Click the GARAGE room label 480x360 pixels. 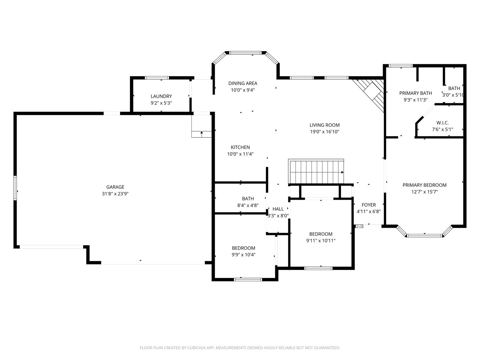[115, 187]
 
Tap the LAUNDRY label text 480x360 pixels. [161, 96]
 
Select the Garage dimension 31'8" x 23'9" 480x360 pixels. [115, 194]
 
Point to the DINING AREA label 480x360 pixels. [243, 83]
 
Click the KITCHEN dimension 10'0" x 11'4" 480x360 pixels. [240, 154]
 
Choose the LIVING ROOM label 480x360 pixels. [325, 125]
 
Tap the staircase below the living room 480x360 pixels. [316, 172]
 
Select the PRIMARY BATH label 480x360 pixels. [415, 93]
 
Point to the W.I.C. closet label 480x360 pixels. [442, 123]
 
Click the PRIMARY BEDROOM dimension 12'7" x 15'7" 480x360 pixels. [424, 192]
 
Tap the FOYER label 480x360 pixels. [369, 205]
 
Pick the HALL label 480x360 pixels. [278, 209]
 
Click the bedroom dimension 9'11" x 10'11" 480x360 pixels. [321, 241]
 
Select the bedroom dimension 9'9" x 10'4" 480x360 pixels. [244, 255]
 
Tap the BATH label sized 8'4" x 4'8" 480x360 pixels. [248, 199]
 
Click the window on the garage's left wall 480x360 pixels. [15, 188]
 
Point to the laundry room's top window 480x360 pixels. [157, 78]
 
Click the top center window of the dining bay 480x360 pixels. [245, 53]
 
